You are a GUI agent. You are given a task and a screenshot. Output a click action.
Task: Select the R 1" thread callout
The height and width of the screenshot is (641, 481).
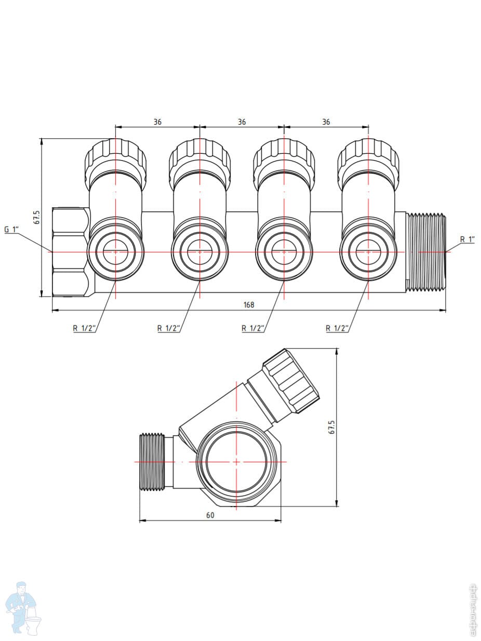[467, 239]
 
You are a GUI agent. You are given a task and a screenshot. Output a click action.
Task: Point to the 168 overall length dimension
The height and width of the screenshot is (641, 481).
[249, 304]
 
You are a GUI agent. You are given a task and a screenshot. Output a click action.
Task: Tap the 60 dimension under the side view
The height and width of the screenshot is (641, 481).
[210, 515]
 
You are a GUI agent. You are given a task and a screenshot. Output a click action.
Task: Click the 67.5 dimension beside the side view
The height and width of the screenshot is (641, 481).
[332, 427]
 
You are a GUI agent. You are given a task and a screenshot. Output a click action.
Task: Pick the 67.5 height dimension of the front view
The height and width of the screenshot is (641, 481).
[36, 217]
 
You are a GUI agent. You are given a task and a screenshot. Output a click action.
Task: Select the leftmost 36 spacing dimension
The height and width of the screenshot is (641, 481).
[157, 122]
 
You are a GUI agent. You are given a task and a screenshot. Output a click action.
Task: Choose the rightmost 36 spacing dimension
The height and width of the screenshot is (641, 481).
[326, 122]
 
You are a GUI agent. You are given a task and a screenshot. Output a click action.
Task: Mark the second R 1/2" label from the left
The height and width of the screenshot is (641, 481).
[169, 328]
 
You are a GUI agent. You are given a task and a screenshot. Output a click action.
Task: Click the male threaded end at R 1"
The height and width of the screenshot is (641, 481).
[426, 251]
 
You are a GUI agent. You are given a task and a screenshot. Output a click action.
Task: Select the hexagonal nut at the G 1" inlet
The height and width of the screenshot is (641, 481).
[70, 252]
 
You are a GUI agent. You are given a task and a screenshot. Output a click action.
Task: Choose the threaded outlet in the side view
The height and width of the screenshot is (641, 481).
[152, 461]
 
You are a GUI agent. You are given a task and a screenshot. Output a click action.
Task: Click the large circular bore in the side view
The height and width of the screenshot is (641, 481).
[236, 461]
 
